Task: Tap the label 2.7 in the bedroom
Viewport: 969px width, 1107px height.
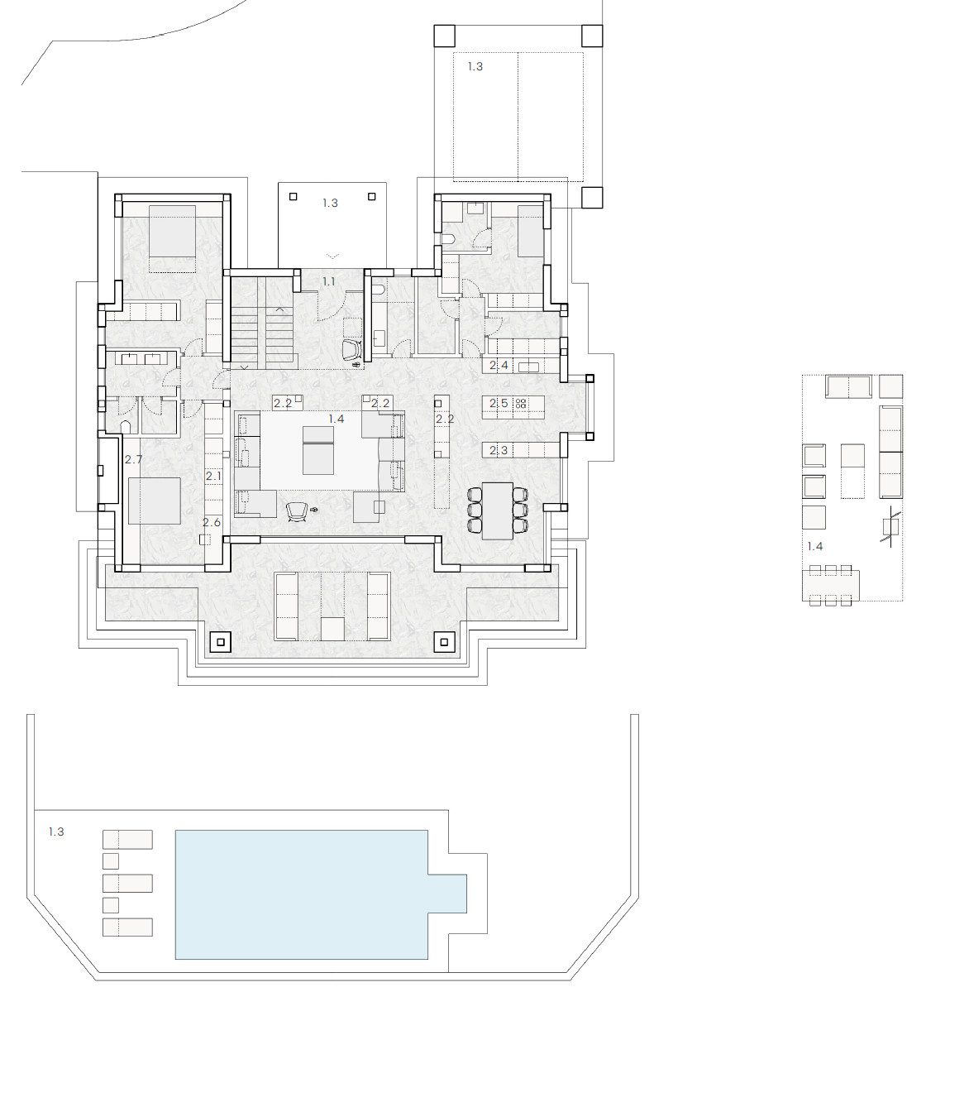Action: pyautogui.click(x=133, y=459)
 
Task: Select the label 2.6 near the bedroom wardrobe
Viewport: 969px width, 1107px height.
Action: pyautogui.click(x=212, y=522)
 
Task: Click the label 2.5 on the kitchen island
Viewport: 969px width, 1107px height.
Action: pyautogui.click(x=499, y=403)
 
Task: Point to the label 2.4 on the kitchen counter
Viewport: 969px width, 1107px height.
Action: pyautogui.click(x=499, y=365)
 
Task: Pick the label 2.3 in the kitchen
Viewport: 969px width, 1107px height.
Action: pyautogui.click(x=499, y=449)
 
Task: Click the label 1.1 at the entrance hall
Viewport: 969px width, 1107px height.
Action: pyautogui.click(x=329, y=281)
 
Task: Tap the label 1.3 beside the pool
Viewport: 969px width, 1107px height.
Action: pyautogui.click(x=56, y=831)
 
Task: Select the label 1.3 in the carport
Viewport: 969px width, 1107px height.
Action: pyautogui.click(x=475, y=66)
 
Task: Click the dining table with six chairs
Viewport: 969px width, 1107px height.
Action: pyautogui.click(x=498, y=510)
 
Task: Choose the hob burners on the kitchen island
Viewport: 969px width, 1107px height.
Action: pyautogui.click(x=521, y=403)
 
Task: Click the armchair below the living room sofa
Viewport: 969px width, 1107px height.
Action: pyautogui.click(x=297, y=511)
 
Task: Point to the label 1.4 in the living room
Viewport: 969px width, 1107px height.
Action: pyautogui.click(x=336, y=419)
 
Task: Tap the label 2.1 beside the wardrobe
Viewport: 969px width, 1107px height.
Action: pyautogui.click(x=213, y=476)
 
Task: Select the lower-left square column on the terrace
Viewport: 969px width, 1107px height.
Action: pyautogui.click(x=220, y=642)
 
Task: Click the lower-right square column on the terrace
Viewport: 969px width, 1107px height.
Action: pyautogui.click(x=444, y=642)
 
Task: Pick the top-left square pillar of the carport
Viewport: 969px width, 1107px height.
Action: pyautogui.click(x=445, y=36)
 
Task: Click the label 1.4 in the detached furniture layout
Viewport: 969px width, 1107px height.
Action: pyautogui.click(x=815, y=546)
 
